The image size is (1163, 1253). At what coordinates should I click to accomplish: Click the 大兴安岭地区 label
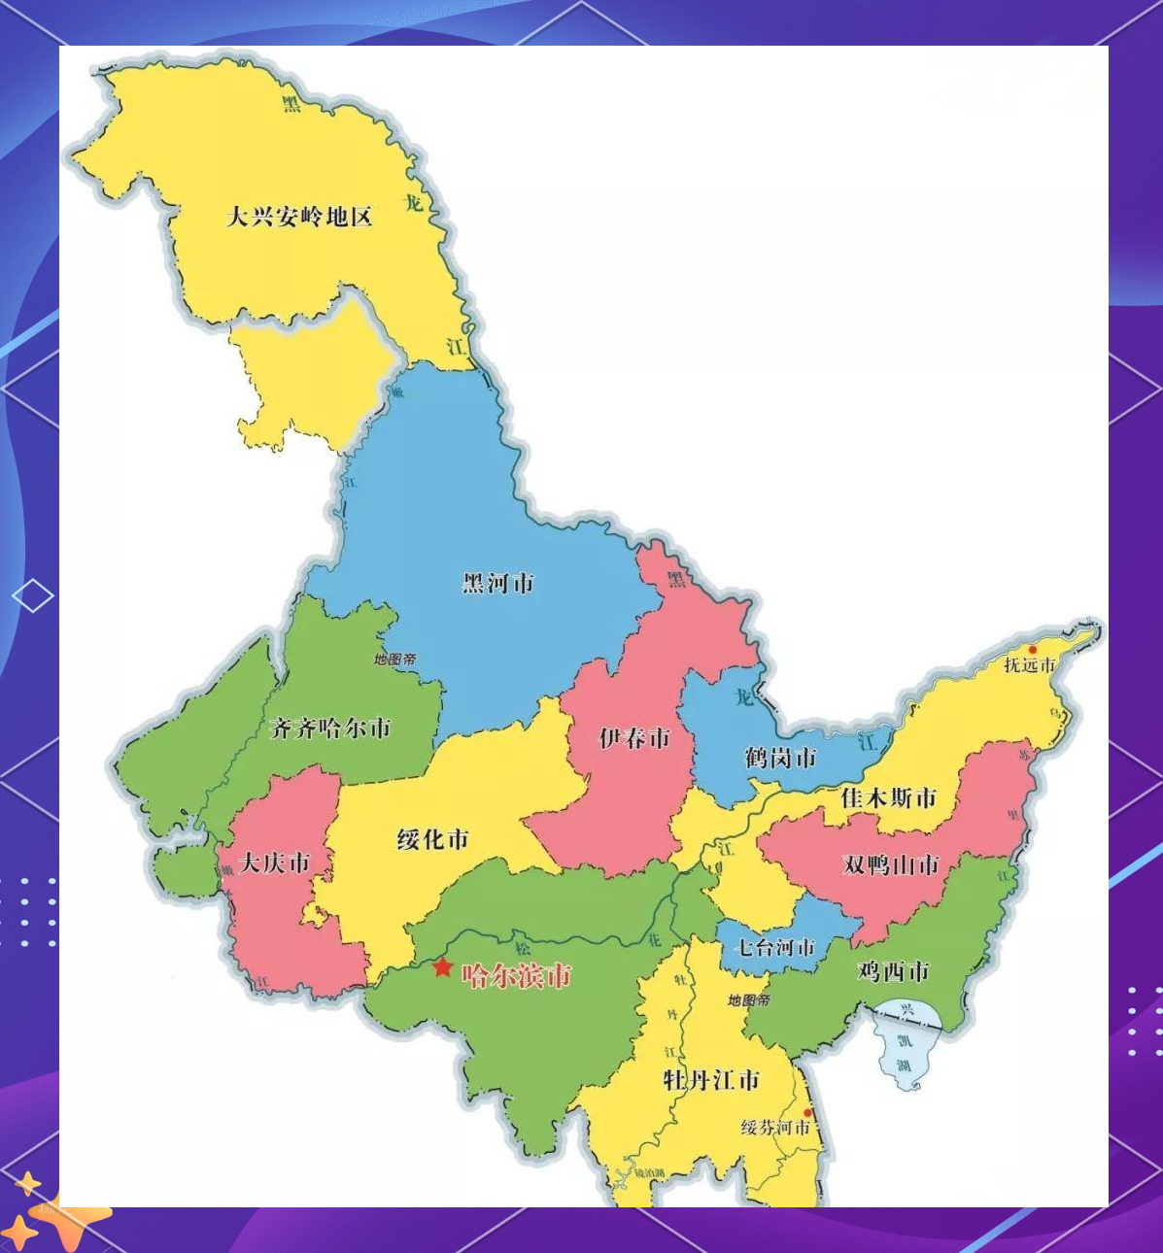[299, 216]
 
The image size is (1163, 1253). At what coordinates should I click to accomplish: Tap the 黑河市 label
[497, 583]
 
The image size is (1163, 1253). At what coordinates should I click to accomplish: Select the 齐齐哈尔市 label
[330, 728]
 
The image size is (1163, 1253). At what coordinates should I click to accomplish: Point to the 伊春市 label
[634, 738]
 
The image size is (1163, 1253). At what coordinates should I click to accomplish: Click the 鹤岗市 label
[780, 758]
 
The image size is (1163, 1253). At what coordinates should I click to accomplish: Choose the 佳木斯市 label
[888, 798]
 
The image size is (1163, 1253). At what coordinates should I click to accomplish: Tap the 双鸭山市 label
[891, 864]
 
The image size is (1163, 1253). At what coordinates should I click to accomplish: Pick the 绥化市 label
[433, 839]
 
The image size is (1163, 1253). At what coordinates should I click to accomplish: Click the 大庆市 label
[274, 863]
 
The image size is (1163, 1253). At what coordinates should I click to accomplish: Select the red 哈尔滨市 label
[516, 975]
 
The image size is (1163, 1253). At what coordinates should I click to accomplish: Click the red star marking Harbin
[442, 967]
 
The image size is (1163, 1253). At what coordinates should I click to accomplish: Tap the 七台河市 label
[774, 947]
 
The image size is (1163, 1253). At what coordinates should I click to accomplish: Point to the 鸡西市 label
[893, 971]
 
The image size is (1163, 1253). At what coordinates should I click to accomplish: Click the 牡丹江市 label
[711, 1079]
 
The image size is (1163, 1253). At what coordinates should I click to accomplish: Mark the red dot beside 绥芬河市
[807, 1113]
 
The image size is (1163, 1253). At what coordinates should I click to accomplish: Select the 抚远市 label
[1029, 665]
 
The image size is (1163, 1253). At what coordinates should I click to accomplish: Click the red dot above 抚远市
[1033, 650]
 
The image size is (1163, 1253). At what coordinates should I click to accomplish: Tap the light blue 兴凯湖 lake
[906, 1049]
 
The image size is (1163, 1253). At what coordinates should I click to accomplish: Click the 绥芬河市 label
[775, 1128]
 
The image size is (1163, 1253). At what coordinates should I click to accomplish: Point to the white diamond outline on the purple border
[33, 595]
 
